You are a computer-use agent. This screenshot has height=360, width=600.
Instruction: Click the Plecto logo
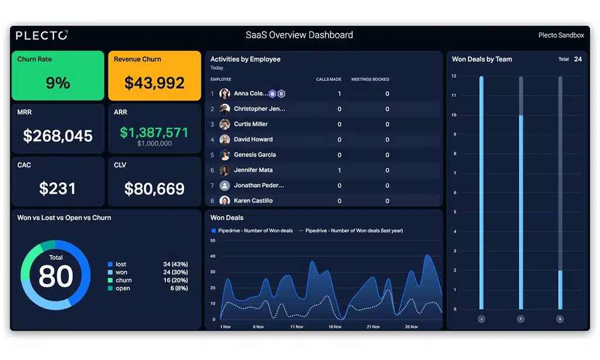pos(42,35)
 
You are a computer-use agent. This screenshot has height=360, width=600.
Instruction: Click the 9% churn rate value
pos(57,83)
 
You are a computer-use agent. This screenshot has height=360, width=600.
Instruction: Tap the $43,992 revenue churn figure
pos(154,83)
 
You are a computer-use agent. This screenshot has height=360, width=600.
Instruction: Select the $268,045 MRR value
pos(57,135)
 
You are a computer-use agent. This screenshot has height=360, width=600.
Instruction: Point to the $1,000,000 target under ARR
pos(154,144)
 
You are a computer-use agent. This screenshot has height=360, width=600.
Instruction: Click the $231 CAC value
pos(57,188)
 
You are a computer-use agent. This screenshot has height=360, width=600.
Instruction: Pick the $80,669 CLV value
pos(154,188)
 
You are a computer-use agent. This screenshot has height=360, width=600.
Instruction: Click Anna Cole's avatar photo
pos(224,93)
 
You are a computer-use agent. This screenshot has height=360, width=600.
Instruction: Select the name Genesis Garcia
pos(254,155)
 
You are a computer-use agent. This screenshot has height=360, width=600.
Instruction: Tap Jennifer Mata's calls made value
pos(339,170)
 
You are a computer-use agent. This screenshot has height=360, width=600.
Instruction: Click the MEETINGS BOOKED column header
pos(370,79)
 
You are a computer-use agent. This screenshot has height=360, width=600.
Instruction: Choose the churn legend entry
pos(123,280)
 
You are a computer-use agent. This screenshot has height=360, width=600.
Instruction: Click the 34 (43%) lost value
pos(175,264)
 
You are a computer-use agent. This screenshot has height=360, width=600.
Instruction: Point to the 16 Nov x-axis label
pos(335,327)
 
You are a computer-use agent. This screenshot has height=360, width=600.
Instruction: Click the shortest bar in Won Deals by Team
pos(560,289)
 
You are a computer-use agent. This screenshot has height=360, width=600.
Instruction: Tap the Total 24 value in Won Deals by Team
pos(578,59)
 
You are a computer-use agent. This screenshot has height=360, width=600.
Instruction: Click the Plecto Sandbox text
pos(561,35)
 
